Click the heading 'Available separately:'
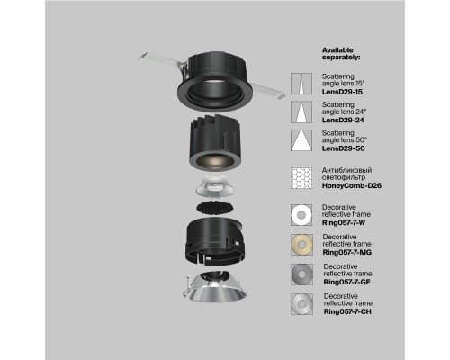[341, 54]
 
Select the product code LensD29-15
[342, 92]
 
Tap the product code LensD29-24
[343, 120]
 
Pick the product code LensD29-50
[343, 148]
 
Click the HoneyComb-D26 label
[352, 185]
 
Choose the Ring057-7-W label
[344, 222]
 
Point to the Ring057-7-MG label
[347, 252]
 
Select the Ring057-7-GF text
[346, 282]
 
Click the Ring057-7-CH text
[347, 311]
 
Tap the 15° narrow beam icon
[301, 84]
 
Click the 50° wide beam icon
[301, 140]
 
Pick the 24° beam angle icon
[301, 112]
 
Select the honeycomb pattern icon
[301, 178]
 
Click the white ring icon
[296, 215]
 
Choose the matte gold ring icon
[296, 245]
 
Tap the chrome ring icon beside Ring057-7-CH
[296, 304]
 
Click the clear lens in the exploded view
[215, 187]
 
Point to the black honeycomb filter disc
[215, 208]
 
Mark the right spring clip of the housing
[268, 91]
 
